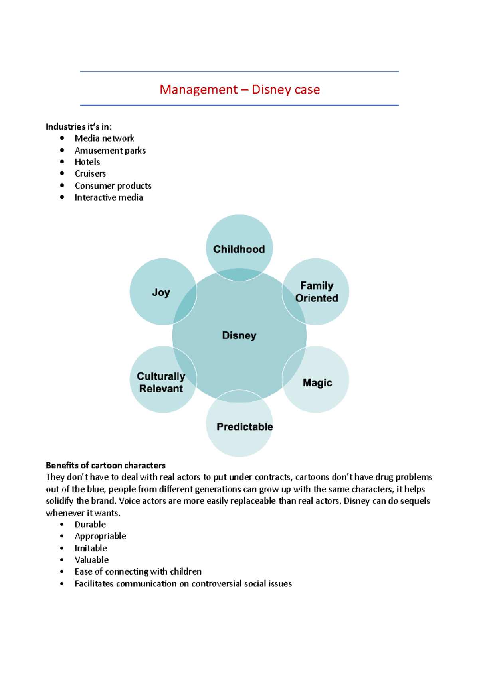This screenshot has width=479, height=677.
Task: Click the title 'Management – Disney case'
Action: coord(239,89)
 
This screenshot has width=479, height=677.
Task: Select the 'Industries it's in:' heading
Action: coord(79,127)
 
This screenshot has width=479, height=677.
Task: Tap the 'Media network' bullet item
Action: coord(104,138)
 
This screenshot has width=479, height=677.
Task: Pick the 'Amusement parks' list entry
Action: coord(110,150)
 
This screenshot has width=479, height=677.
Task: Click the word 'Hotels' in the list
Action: coord(87,162)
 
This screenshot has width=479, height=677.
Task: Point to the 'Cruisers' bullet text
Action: coord(90,173)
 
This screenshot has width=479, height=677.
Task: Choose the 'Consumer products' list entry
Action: coord(113,186)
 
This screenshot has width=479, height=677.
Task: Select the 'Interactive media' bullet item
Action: coord(109,197)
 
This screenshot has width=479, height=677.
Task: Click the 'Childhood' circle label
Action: coord(239,249)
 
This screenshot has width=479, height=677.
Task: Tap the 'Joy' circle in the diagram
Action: coord(161,292)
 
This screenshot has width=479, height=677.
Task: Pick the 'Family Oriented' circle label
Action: coord(317,292)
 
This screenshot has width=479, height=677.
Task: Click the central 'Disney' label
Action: coord(239,335)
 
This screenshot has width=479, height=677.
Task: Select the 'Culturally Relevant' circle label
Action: coord(161,382)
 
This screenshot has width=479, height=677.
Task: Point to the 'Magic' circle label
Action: coord(317,383)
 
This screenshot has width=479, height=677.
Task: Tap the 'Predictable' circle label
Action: coord(245,427)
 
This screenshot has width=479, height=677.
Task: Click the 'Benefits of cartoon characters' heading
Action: coord(105,465)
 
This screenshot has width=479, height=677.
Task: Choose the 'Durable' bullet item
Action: coord(90,525)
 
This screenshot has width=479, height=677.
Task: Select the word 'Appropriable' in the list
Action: coord(100,536)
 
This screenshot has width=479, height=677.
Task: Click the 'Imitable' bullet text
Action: coord(91,548)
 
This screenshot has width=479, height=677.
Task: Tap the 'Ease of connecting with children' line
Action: coord(138,572)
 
